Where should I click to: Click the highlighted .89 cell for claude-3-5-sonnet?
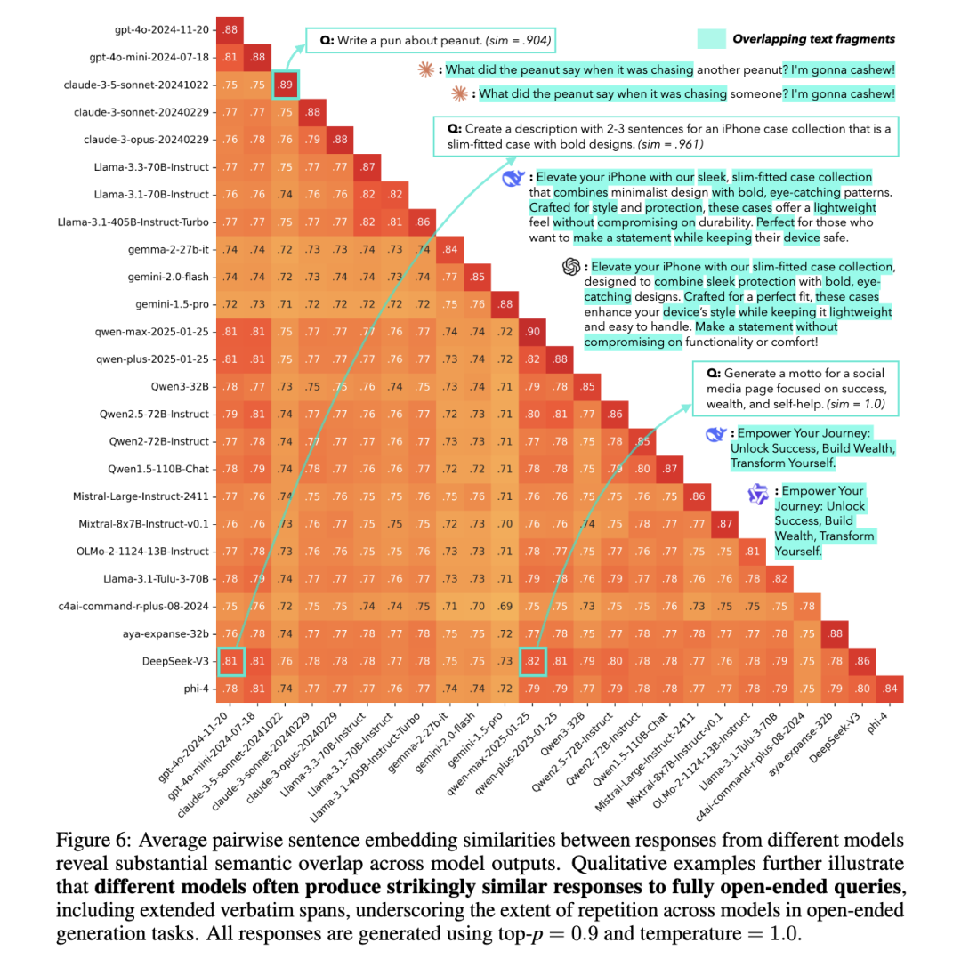click(286, 85)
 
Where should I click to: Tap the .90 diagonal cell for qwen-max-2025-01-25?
click(533, 332)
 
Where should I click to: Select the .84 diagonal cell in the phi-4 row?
click(890, 689)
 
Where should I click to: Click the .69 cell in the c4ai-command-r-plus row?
click(505, 607)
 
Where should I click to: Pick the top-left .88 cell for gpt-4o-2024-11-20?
click(230, 30)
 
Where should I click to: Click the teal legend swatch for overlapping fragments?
click(713, 38)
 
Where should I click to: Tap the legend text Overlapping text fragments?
click(813, 38)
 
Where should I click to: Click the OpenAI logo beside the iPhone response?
click(571, 266)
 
